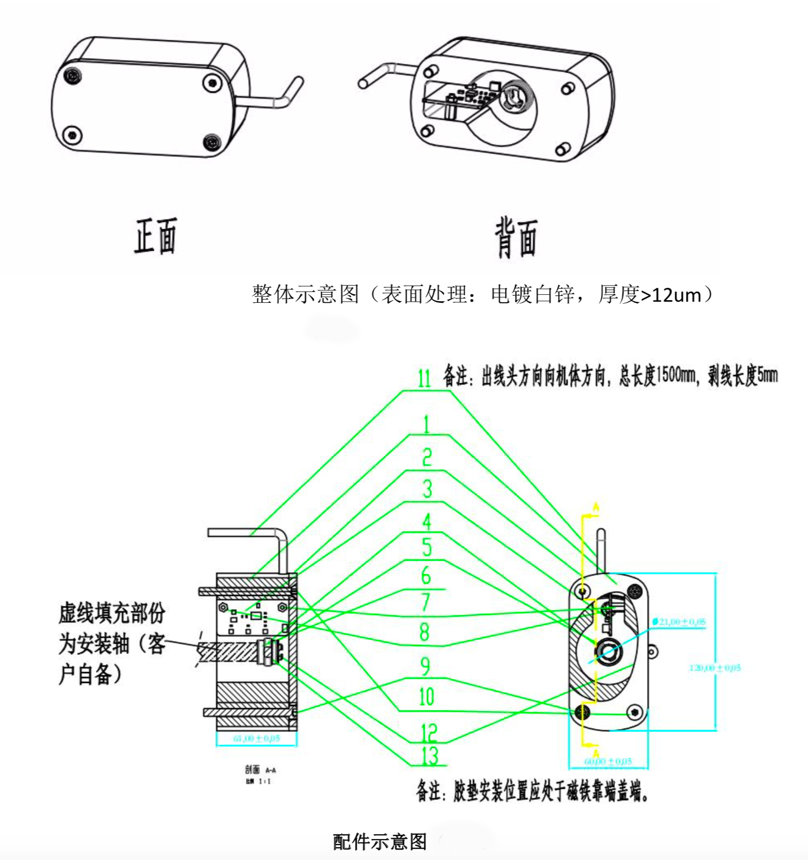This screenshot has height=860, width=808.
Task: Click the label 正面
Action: tap(155, 236)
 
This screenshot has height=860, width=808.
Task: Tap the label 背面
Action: tap(516, 238)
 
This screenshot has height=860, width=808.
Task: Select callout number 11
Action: tap(424, 378)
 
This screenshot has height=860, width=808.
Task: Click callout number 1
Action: tap(427, 425)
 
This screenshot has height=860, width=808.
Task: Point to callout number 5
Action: tap(427, 548)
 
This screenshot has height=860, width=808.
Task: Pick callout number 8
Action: tap(424, 632)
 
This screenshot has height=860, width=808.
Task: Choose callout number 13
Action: tap(430, 756)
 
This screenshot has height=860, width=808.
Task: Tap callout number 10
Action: tap(427, 697)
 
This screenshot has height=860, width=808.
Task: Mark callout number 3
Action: tap(427, 489)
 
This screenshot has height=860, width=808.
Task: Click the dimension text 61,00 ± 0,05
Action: tap(256, 739)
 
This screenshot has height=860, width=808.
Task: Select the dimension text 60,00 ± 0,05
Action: tap(608, 761)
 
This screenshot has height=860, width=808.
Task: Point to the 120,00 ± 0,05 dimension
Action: tap(715, 668)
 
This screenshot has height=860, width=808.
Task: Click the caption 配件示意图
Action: tap(380, 842)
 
